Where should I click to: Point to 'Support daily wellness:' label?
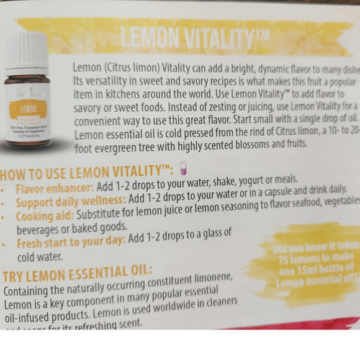[x=71, y=202]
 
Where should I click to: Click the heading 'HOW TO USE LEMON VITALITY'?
[x=87, y=172]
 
